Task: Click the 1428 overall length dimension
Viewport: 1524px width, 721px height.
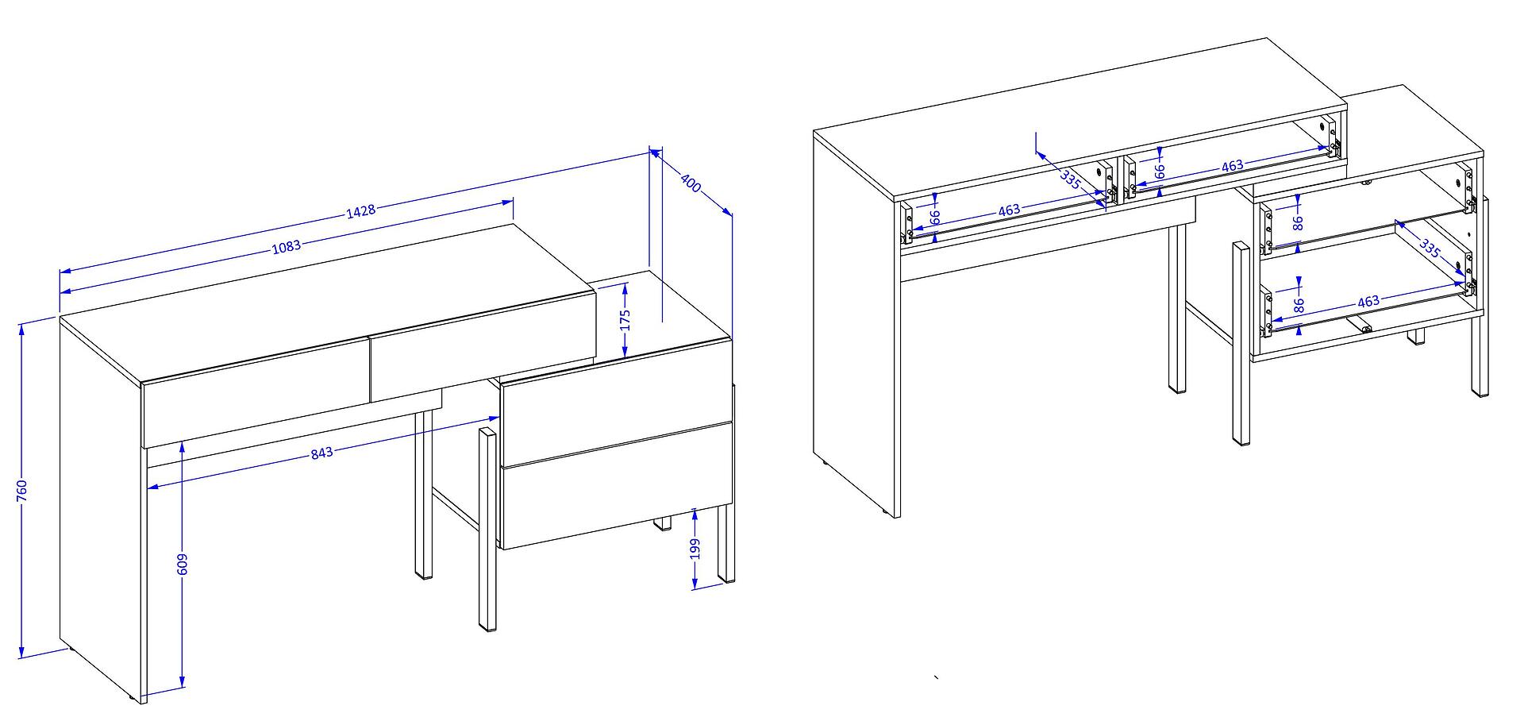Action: tap(360, 210)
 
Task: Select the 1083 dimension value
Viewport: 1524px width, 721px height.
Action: tap(287, 246)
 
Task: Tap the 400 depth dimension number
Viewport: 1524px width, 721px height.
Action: tap(691, 183)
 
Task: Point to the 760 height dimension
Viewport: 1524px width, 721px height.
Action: tap(22, 490)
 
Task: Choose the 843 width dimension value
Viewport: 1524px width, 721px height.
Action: tap(321, 453)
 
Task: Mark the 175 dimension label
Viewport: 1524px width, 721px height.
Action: tap(625, 319)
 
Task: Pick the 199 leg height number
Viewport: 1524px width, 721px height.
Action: tap(695, 549)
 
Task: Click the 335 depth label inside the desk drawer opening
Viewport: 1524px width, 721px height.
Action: tap(1071, 179)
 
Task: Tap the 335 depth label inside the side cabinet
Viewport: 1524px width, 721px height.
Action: tap(1429, 249)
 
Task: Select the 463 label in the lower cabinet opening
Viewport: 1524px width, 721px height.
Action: tap(1368, 302)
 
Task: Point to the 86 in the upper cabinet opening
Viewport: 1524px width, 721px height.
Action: tap(1299, 222)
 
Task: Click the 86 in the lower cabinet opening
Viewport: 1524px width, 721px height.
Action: tap(1299, 304)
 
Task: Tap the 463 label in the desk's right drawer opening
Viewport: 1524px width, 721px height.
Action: tap(1232, 166)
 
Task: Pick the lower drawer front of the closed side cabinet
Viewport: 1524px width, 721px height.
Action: tap(616, 486)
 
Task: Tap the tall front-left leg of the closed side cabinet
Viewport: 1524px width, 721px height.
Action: tap(487, 530)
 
